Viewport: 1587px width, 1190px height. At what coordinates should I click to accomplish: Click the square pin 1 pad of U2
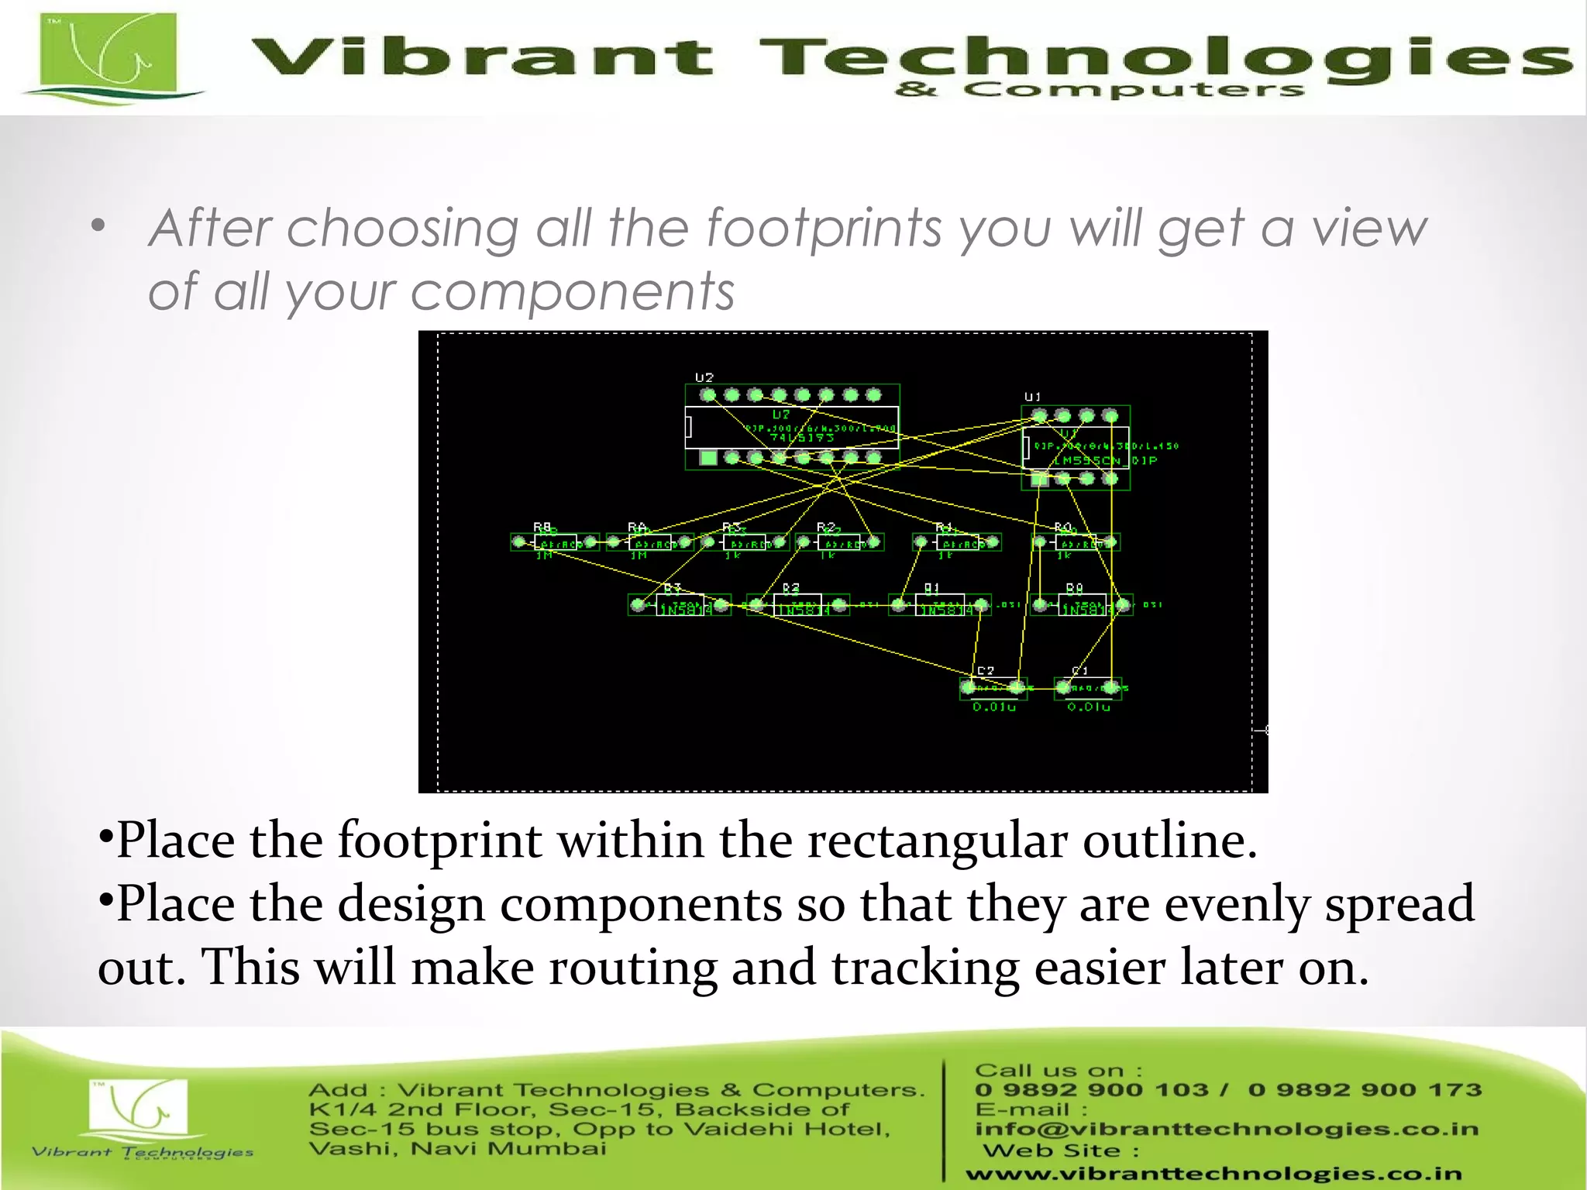click(707, 458)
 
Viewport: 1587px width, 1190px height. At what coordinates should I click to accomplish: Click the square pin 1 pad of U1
click(1040, 479)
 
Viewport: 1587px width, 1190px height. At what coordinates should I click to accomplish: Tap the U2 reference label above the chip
click(704, 377)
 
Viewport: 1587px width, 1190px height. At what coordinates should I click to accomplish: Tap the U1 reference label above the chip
click(1033, 397)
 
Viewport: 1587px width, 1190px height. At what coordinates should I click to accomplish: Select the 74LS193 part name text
click(801, 438)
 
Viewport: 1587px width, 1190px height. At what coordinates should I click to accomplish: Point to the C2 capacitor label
click(985, 671)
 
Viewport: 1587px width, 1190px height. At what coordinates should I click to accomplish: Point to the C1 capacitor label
click(1079, 671)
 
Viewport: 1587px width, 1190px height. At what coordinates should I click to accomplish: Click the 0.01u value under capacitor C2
click(994, 707)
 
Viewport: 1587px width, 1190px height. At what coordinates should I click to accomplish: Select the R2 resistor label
click(825, 527)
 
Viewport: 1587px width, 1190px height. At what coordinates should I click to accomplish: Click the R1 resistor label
click(943, 527)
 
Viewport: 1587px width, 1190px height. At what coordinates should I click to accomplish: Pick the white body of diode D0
click(1082, 605)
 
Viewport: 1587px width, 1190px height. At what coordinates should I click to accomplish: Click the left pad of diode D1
click(898, 604)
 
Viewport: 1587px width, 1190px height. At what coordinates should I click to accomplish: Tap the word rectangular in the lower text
click(936, 841)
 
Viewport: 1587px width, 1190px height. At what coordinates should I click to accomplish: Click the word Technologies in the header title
click(1162, 58)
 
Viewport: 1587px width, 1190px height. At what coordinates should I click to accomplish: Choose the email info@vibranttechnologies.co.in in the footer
click(1226, 1129)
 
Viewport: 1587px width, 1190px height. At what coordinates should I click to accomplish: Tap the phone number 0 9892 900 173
click(1364, 1090)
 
